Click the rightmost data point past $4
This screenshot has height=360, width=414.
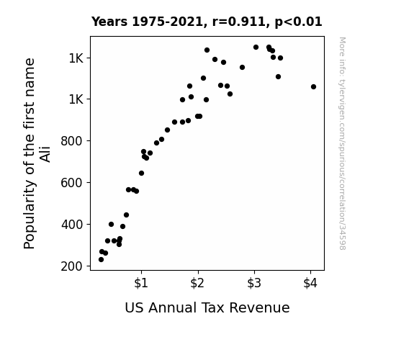tap(313, 86)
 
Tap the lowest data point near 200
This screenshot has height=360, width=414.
tap(101, 260)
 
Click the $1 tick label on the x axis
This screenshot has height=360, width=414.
tap(141, 283)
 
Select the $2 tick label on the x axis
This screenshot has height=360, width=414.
tap(197, 283)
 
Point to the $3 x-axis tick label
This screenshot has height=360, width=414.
tap(254, 283)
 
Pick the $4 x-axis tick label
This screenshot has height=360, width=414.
tap(310, 283)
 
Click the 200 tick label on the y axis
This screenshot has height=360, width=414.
tap(72, 266)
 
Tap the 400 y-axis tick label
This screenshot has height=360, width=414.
tap(72, 225)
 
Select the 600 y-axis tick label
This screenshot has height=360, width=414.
tap(72, 183)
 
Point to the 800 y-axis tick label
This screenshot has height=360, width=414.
tap(72, 141)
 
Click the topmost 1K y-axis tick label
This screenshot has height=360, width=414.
tap(76, 58)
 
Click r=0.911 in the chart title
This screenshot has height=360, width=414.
tap(239, 22)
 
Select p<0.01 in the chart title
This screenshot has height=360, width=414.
tap(298, 22)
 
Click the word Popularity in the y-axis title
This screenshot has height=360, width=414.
tap(29, 214)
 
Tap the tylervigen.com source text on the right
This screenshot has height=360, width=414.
tap(343, 144)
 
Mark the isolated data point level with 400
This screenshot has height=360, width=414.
tap(111, 224)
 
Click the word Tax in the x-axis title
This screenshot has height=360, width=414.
tap(212, 307)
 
